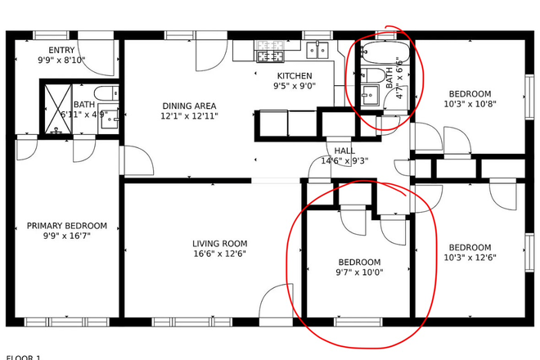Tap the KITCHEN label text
[294, 75]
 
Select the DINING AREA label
[188, 106]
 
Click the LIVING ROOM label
[219, 243]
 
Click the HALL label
[344, 151]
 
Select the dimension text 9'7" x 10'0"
[360, 272]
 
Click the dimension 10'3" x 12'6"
[470, 259]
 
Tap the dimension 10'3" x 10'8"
[468, 104]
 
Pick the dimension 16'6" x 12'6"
[219, 254]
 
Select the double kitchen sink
[318, 51]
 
